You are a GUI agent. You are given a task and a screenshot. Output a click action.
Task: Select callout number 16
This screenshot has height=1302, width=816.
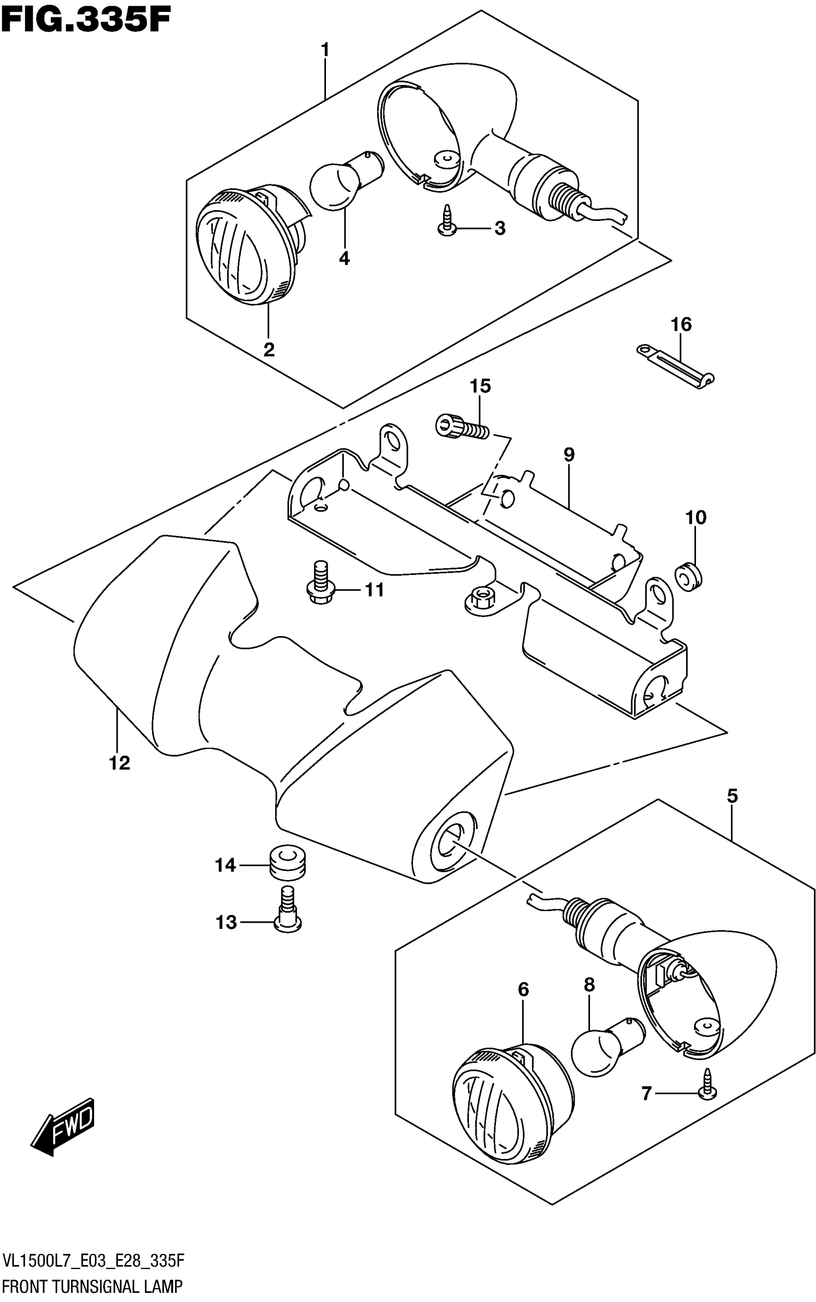[681, 325]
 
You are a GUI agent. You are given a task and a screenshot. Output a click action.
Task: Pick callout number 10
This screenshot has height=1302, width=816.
[696, 518]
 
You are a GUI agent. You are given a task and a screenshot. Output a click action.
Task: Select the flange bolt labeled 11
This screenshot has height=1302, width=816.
[322, 583]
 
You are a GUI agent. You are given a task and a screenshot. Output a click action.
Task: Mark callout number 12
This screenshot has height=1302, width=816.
[120, 763]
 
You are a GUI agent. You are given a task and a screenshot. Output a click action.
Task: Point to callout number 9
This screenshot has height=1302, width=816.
[569, 455]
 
